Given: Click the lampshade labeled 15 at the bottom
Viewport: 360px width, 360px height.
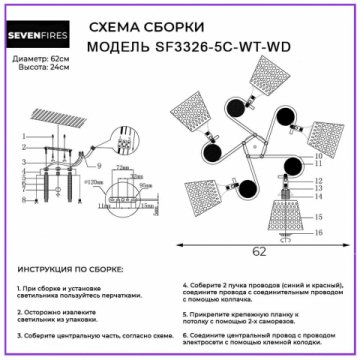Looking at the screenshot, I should click(x=281, y=216).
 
